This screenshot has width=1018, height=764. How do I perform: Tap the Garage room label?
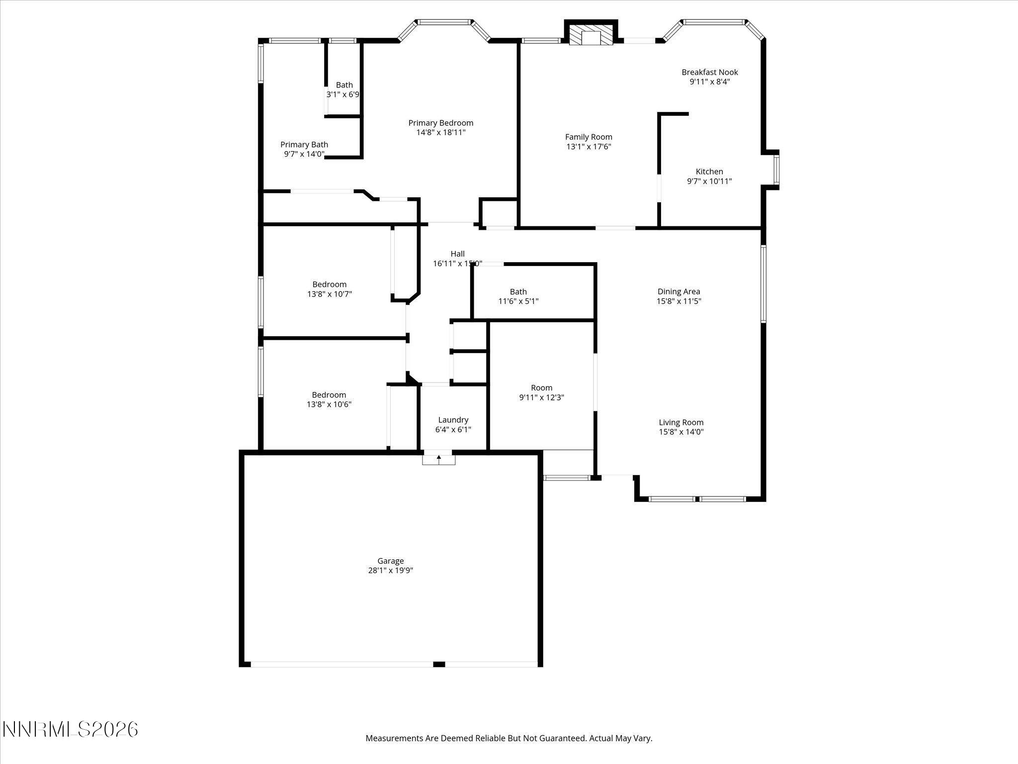coord(390,561)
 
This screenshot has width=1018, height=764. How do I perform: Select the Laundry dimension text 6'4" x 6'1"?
coord(453,430)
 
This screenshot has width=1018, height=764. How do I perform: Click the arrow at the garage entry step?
coord(438,458)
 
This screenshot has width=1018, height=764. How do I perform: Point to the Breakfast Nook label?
coord(709,72)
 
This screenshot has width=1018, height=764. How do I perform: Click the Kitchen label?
coord(709,172)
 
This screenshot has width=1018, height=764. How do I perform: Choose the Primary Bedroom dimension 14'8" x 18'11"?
coord(440,132)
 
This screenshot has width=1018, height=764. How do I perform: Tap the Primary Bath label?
coord(304,145)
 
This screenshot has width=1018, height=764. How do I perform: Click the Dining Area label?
coord(679,291)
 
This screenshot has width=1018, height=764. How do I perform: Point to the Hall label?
coord(457,254)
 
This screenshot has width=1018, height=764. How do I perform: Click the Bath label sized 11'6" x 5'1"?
coord(518,291)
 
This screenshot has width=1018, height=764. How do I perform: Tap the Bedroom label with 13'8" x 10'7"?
coord(329,285)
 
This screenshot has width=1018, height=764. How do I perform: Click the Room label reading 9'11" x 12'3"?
coord(541,387)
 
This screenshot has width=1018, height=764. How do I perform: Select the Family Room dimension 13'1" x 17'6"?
coord(589,147)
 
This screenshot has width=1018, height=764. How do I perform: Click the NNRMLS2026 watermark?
coord(70,730)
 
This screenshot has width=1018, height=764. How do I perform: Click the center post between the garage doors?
coord(439,664)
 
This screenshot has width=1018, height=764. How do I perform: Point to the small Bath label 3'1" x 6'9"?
coord(344,85)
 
